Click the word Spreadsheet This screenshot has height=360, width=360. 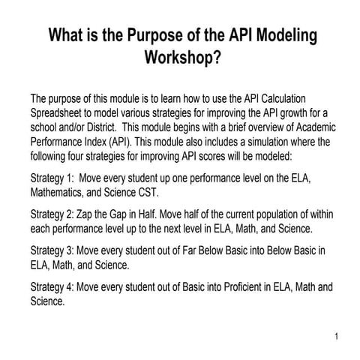click(x=61, y=112)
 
